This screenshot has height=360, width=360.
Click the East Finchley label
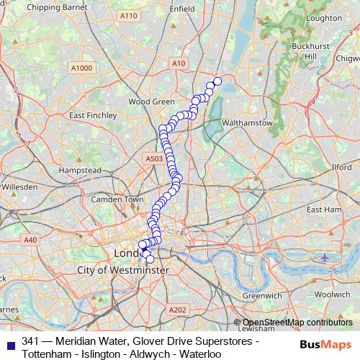point(92,114)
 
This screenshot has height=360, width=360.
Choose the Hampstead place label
point(80,171)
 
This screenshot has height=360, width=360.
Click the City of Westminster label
point(122,270)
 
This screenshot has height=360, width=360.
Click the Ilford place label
point(341,167)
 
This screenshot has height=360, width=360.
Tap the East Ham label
point(323,209)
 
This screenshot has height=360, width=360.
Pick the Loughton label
point(323,17)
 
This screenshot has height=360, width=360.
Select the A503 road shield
point(153,158)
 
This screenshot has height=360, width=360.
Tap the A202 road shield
point(177,310)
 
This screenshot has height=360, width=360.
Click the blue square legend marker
point(9,342)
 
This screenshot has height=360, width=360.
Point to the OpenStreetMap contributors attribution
point(297,322)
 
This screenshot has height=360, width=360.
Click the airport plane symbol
point(325,257)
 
